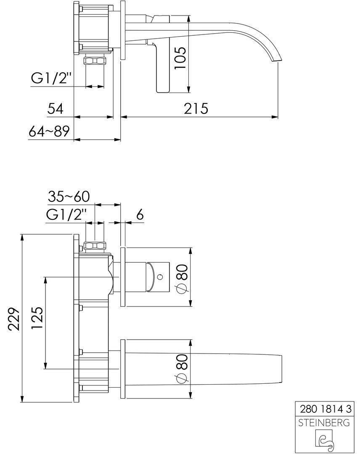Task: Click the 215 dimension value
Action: tap(196, 108)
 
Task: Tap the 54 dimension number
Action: tap(56, 108)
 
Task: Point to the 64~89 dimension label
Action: tap(49, 131)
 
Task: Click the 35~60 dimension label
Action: tap(69, 196)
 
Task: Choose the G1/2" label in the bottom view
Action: tap(66, 215)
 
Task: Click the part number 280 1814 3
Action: tap(326, 409)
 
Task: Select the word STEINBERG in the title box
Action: tap(324, 422)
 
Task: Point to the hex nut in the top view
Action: tap(95, 61)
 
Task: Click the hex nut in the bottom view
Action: tap(95, 246)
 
